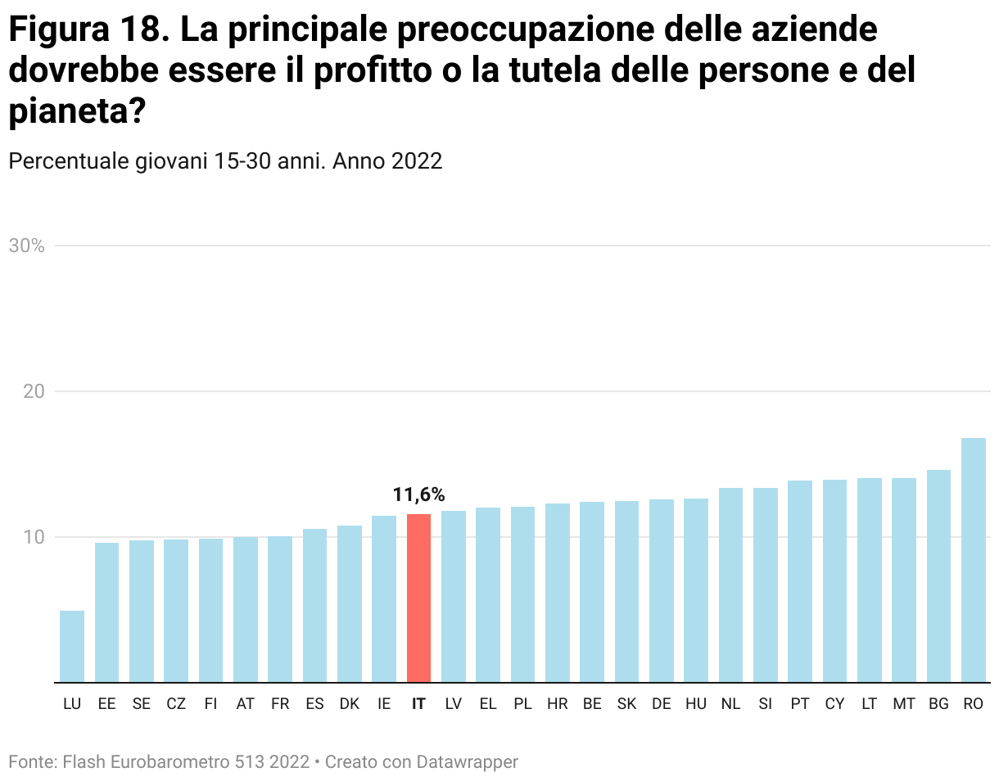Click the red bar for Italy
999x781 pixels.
pyautogui.click(x=418, y=598)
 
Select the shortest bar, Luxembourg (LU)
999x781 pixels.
pyautogui.click(x=72, y=646)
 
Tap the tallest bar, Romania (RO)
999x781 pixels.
pyautogui.click(x=973, y=560)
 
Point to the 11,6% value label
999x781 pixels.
pyautogui.click(x=418, y=494)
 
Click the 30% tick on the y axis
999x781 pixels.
pyautogui.click(x=26, y=246)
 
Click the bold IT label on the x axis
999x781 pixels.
pyautogui.click(x=418, y=704)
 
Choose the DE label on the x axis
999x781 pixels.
pyautogui.click(x=661, y=704)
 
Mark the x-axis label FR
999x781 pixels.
pyautogui.click(x=280, y=704)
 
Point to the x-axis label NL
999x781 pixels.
pyautogui.click(x=730, y=704)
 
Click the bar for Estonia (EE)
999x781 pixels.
pyautogui.click(x=106, y=612)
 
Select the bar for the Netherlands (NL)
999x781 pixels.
pyautogui.click(x=730, y=585)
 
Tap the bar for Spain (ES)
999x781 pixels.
pyautogui.click(x=314, y=605)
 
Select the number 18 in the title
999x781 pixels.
pyautogui.click(x=136, y=30)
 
